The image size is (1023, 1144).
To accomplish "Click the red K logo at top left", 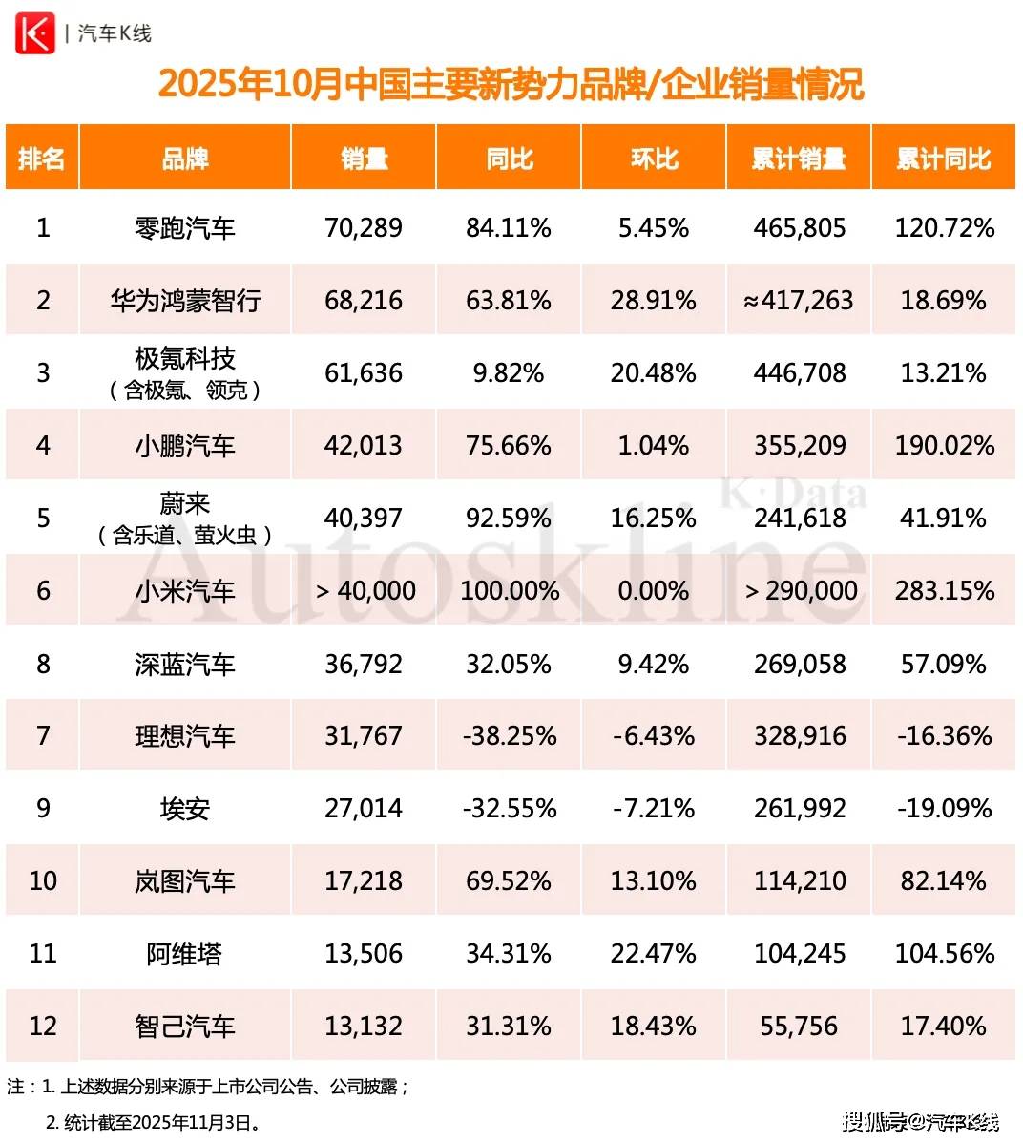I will pos(34,33).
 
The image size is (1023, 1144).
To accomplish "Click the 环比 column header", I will pos(654,159).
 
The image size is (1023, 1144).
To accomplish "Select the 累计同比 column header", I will pos(943,159).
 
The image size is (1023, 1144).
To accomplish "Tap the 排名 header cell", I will pos(42,159).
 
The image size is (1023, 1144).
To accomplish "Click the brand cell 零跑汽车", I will pos(184,228).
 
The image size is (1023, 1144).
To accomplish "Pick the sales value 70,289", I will pos(364,228).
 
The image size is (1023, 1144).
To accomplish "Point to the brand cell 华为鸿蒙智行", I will pos(184,301).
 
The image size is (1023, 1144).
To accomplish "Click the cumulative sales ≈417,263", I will pos(799,301).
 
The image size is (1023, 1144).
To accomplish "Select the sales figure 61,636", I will pos(364,373).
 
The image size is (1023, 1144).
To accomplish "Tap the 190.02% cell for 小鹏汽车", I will pos(944,446).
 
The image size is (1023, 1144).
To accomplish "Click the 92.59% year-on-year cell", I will pos(509,519).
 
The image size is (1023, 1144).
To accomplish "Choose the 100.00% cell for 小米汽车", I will pos(510,591).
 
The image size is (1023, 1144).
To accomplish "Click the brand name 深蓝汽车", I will pos(184,664).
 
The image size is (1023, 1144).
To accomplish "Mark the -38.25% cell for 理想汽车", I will pos(509,736).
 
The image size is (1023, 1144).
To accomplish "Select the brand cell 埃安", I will pos(184,809).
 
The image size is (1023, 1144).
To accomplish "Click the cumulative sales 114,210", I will pos(800,880).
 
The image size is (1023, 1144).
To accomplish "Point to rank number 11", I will pos(43,953).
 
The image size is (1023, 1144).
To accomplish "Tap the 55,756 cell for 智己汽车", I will pos(800,1026).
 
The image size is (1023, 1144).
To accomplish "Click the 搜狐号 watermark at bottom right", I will pos(873,1121).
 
